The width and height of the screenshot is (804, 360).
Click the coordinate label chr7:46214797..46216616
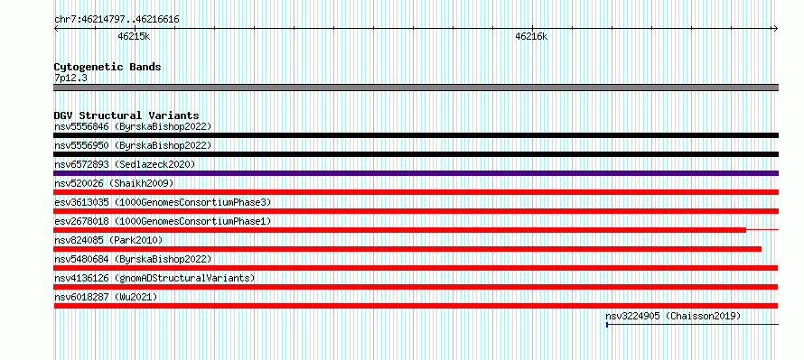117,20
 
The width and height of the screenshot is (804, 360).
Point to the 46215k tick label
134,36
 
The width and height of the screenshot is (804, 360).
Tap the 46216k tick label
531,36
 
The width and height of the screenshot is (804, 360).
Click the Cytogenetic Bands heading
108,67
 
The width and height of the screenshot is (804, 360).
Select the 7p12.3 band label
70,78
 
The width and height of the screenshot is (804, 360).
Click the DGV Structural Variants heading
126,115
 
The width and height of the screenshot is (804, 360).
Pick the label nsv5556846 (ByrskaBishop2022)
133,126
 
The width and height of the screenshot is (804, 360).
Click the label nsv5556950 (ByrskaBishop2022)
133,145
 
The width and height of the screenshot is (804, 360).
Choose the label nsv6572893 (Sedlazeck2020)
125,164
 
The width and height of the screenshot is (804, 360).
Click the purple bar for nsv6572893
416,173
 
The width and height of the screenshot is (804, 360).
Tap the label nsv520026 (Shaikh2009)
114,183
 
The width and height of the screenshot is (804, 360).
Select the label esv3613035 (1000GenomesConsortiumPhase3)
163,202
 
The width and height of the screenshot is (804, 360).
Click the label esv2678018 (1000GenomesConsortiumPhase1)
163,221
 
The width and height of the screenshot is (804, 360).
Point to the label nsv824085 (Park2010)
108,240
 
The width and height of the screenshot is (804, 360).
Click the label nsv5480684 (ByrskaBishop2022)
133,259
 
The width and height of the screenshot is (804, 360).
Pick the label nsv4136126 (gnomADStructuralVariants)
154,278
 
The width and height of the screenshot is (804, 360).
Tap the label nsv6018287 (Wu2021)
106,297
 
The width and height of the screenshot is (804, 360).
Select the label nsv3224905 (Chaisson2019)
673,316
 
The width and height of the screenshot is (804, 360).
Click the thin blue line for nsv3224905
692,324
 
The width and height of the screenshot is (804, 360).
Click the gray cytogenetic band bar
416,88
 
